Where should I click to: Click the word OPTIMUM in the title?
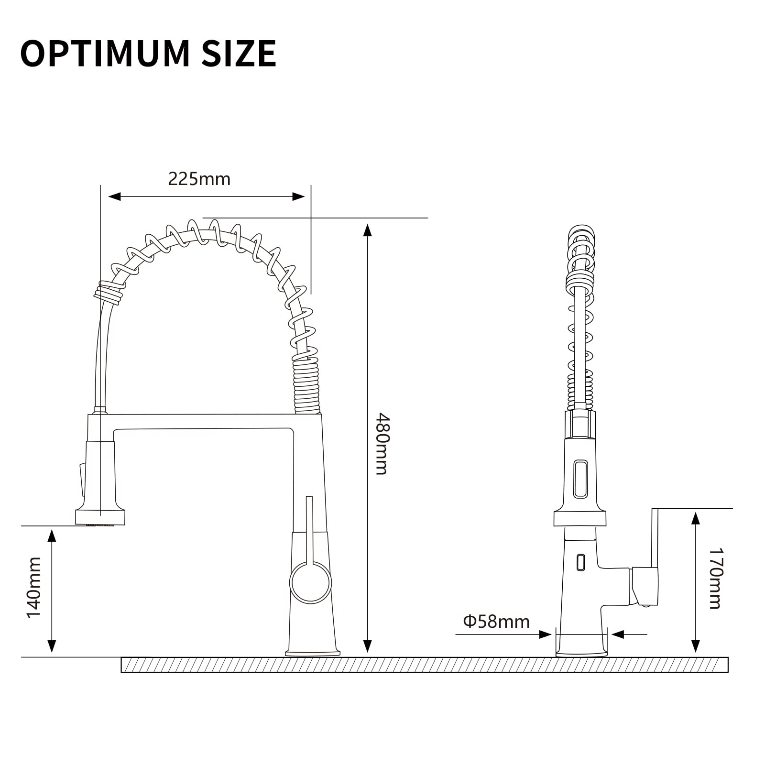[x=105, y=53]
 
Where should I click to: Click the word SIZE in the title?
[x=239, y=53]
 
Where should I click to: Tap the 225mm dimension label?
[x=199, y=179]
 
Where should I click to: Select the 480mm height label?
[x=382, y=443]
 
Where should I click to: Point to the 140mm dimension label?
[x=34, y=587]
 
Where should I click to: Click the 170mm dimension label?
[x=714, y=579]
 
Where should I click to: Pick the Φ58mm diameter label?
[x=496, y=622]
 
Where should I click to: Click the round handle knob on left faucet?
[x=310, y=583]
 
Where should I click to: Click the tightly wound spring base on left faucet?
[x=306, y=387]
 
